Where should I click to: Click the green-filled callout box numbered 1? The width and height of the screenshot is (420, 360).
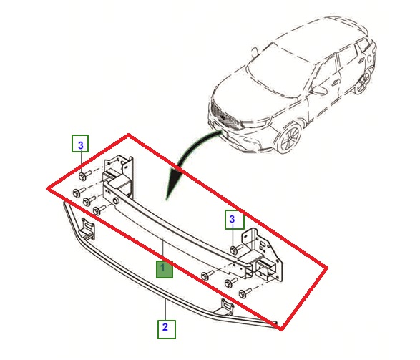point(165,269)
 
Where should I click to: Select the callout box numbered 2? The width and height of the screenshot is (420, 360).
point(166,329)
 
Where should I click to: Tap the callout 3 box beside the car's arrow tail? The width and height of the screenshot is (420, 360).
point(235,220)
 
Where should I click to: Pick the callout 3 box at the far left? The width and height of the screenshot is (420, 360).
point(80,144)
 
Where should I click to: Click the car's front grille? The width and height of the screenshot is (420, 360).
point(225,116)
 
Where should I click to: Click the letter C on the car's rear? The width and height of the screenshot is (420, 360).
point(369,58)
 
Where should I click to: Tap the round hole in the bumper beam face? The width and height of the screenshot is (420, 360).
point(117,201)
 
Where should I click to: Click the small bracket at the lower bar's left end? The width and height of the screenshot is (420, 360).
point(87,228)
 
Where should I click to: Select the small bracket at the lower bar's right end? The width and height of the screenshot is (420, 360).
point(224,308)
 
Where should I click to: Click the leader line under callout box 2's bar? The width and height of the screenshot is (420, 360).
point(166,310)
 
